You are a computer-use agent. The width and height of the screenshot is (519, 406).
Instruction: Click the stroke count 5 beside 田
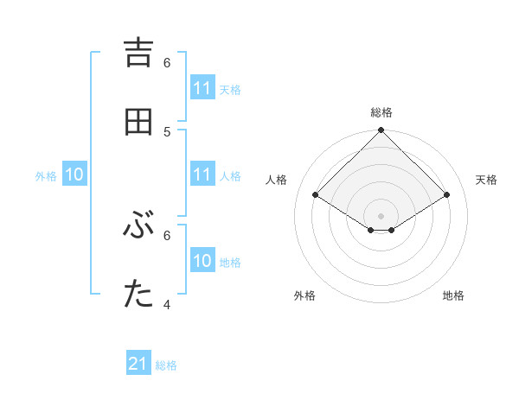tap(167, 131)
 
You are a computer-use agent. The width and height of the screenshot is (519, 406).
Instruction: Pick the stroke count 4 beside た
tap(167, 305)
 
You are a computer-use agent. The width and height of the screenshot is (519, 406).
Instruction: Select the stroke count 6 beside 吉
tap(167, 63)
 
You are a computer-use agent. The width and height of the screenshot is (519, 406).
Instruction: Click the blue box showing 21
tap(138, 364)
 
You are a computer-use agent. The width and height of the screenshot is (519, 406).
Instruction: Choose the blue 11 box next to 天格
tap(202, 88)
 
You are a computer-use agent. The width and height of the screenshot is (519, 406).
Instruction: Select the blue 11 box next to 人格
tap(202, 174)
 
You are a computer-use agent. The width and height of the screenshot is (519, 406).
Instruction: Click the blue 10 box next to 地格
tap(202, 261)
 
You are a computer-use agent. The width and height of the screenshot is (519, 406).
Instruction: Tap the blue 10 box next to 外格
tap(74, 174)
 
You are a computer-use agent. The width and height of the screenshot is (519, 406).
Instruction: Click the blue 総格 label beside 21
tap(166, 365)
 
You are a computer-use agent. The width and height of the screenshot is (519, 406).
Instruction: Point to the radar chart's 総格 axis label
tap(381, 112)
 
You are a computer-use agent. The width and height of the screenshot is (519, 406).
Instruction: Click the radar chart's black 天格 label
tap(486, 180)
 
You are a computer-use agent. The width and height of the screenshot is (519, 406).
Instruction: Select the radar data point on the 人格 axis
tap(316, 195)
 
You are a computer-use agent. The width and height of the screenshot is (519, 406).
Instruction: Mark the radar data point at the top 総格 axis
tap(381, 131)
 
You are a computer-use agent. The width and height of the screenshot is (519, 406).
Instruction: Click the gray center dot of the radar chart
tap(381, 215)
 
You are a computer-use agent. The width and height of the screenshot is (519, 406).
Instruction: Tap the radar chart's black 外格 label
tap(304, 295)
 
